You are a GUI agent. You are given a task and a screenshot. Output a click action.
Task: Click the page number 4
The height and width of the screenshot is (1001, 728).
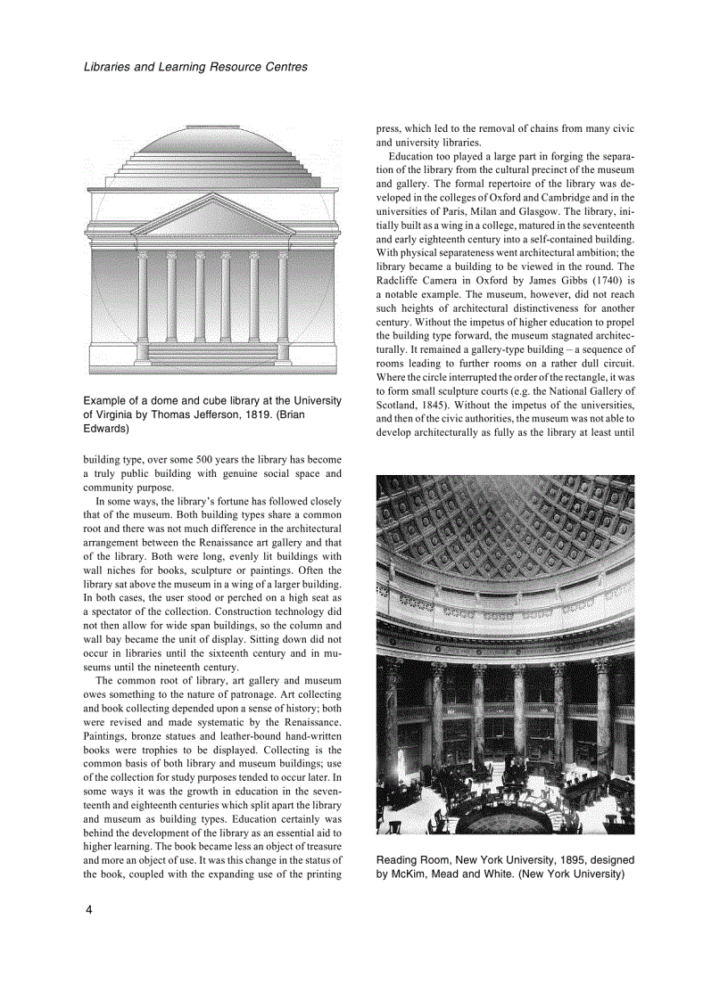pyautogui.click(x=87, y=910)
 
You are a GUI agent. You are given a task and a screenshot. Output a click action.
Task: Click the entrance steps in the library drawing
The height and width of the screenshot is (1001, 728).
pyautogui.click(x=212, y=353)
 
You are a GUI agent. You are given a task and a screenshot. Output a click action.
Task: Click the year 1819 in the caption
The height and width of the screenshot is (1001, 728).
pyautogui.click(x=260, y=414)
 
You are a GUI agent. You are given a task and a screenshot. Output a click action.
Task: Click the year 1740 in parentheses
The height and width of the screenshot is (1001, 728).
pyautogui.click(x=598, y=279)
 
